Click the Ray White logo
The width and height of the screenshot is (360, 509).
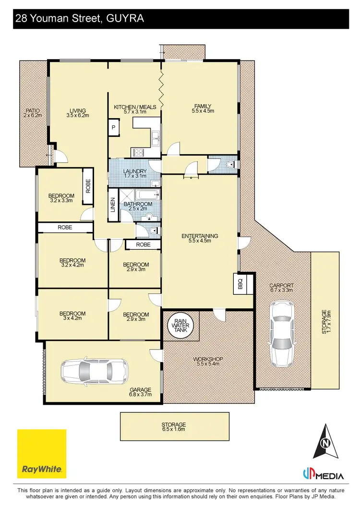pos(42,453)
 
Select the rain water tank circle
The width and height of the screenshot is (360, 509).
pos(181,326)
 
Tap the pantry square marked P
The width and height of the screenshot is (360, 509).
pos(114,127)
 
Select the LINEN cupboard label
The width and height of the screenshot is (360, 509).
pos(113,206)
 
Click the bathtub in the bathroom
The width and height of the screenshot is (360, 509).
pos(147,195)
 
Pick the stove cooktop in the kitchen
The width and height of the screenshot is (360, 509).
pos(138,153)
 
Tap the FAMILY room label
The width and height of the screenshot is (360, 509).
pos(203,106)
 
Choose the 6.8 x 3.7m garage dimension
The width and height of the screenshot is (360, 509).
pos(140,395)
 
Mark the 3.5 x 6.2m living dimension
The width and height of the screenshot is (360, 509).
pos(77,115)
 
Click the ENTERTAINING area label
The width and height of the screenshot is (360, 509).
pos(200,236)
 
